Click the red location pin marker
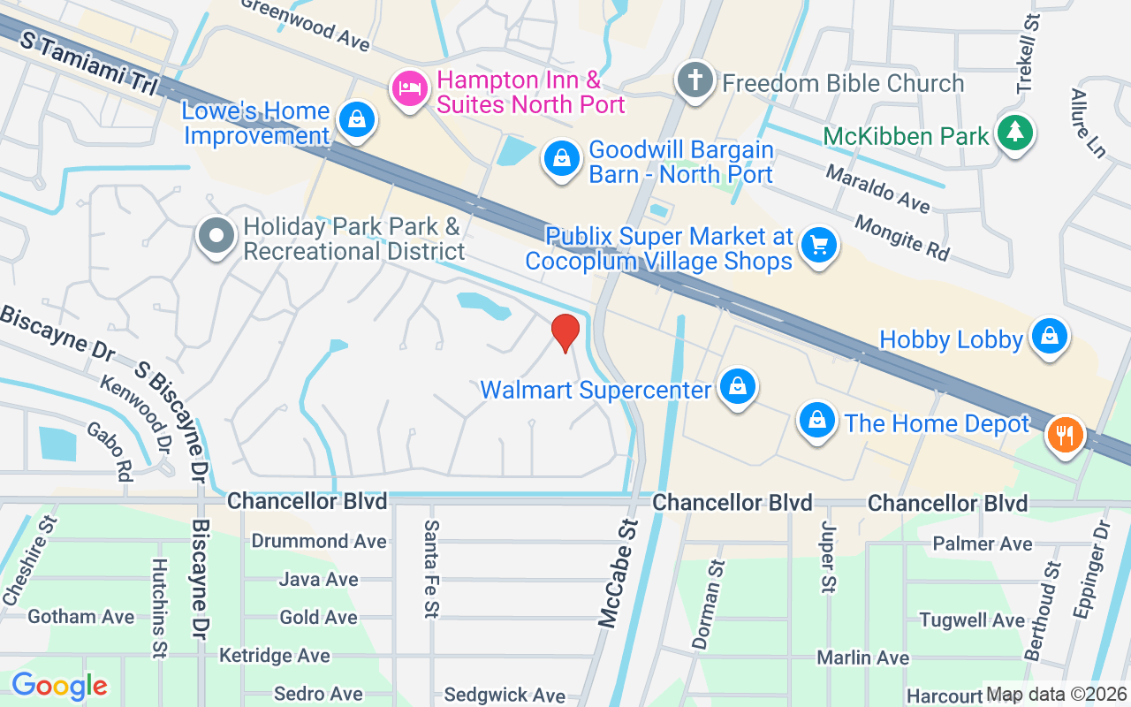point(565,332)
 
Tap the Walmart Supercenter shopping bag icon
point(735,386)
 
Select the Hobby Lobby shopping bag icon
point(1049,337)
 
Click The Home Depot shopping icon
point(818,421)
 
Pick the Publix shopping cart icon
point(818,245)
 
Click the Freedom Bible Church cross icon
point(695,80)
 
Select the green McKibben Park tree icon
point(1015,133)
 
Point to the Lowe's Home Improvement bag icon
point(357,119)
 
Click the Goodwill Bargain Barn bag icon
point(560,159)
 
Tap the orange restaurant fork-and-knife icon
point(1066,435)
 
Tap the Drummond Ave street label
point(319,540)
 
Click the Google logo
point(59,686)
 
